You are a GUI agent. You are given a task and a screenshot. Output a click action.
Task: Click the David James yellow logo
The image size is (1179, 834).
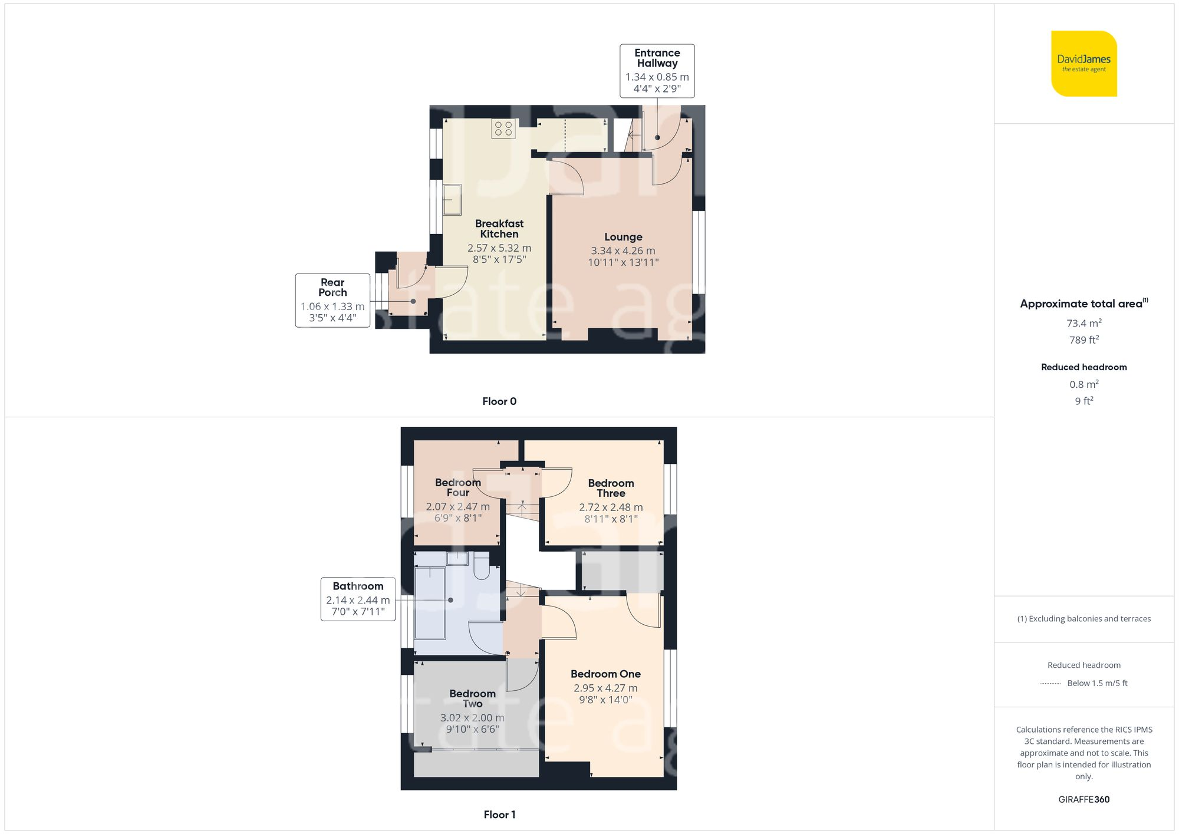pos(1084,64)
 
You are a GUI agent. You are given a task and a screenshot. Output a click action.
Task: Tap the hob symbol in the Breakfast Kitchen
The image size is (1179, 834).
pos(503,129)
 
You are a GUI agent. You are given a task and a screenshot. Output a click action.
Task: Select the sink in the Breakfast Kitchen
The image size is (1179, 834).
pos(452,200)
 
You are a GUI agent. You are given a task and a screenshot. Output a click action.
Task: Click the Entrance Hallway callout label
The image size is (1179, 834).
pos(657,71)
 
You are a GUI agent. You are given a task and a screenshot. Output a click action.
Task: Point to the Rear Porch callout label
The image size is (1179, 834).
pos(332,300)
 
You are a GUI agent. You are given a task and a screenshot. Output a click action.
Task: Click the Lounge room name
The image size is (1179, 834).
pos(623,237)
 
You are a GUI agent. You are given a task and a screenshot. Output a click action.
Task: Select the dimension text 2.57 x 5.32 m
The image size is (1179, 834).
pos(499,248)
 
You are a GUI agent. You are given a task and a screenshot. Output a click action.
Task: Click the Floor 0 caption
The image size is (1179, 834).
pos(499,401)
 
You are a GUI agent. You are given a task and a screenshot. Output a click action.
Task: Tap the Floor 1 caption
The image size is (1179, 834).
pos(499,815)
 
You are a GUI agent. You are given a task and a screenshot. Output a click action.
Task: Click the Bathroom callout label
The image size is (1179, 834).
pos(358,599)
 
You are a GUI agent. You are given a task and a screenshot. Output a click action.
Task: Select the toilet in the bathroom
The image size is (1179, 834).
pos(481,569)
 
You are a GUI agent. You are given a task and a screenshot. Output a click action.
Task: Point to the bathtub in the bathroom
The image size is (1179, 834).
pos(430,602)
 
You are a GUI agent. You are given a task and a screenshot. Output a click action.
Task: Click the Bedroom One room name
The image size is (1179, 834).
pos(605,674)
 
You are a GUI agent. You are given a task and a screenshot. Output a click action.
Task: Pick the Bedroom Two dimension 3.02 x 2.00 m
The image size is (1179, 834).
pos(472,718)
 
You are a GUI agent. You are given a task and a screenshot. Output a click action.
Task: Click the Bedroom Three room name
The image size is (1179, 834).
pos(611,488)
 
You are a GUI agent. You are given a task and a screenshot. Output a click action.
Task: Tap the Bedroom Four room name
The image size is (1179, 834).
pos(457,487)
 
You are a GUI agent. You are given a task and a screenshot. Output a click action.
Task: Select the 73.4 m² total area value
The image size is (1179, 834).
pos(1084,323)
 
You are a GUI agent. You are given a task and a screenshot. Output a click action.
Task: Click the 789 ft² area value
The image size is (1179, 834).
pos(1084,340)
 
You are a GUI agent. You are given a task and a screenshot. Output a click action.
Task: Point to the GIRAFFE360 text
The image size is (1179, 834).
pos(1084,800)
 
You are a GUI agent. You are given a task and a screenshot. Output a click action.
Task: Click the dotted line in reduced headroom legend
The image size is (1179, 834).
pos(1050,684)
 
